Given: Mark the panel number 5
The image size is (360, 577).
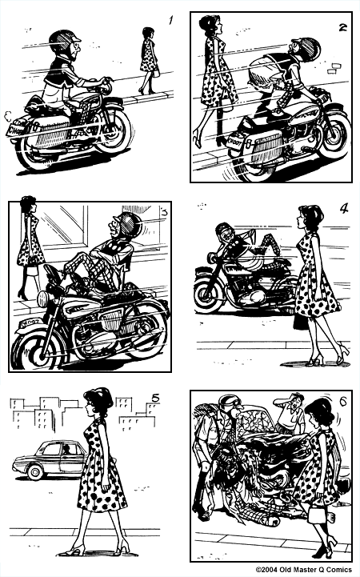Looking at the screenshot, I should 155,397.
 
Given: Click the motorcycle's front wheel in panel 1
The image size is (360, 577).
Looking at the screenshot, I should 113,132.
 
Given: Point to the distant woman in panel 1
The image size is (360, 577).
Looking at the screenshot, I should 148,59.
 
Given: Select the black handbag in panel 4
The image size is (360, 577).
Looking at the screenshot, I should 301,320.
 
